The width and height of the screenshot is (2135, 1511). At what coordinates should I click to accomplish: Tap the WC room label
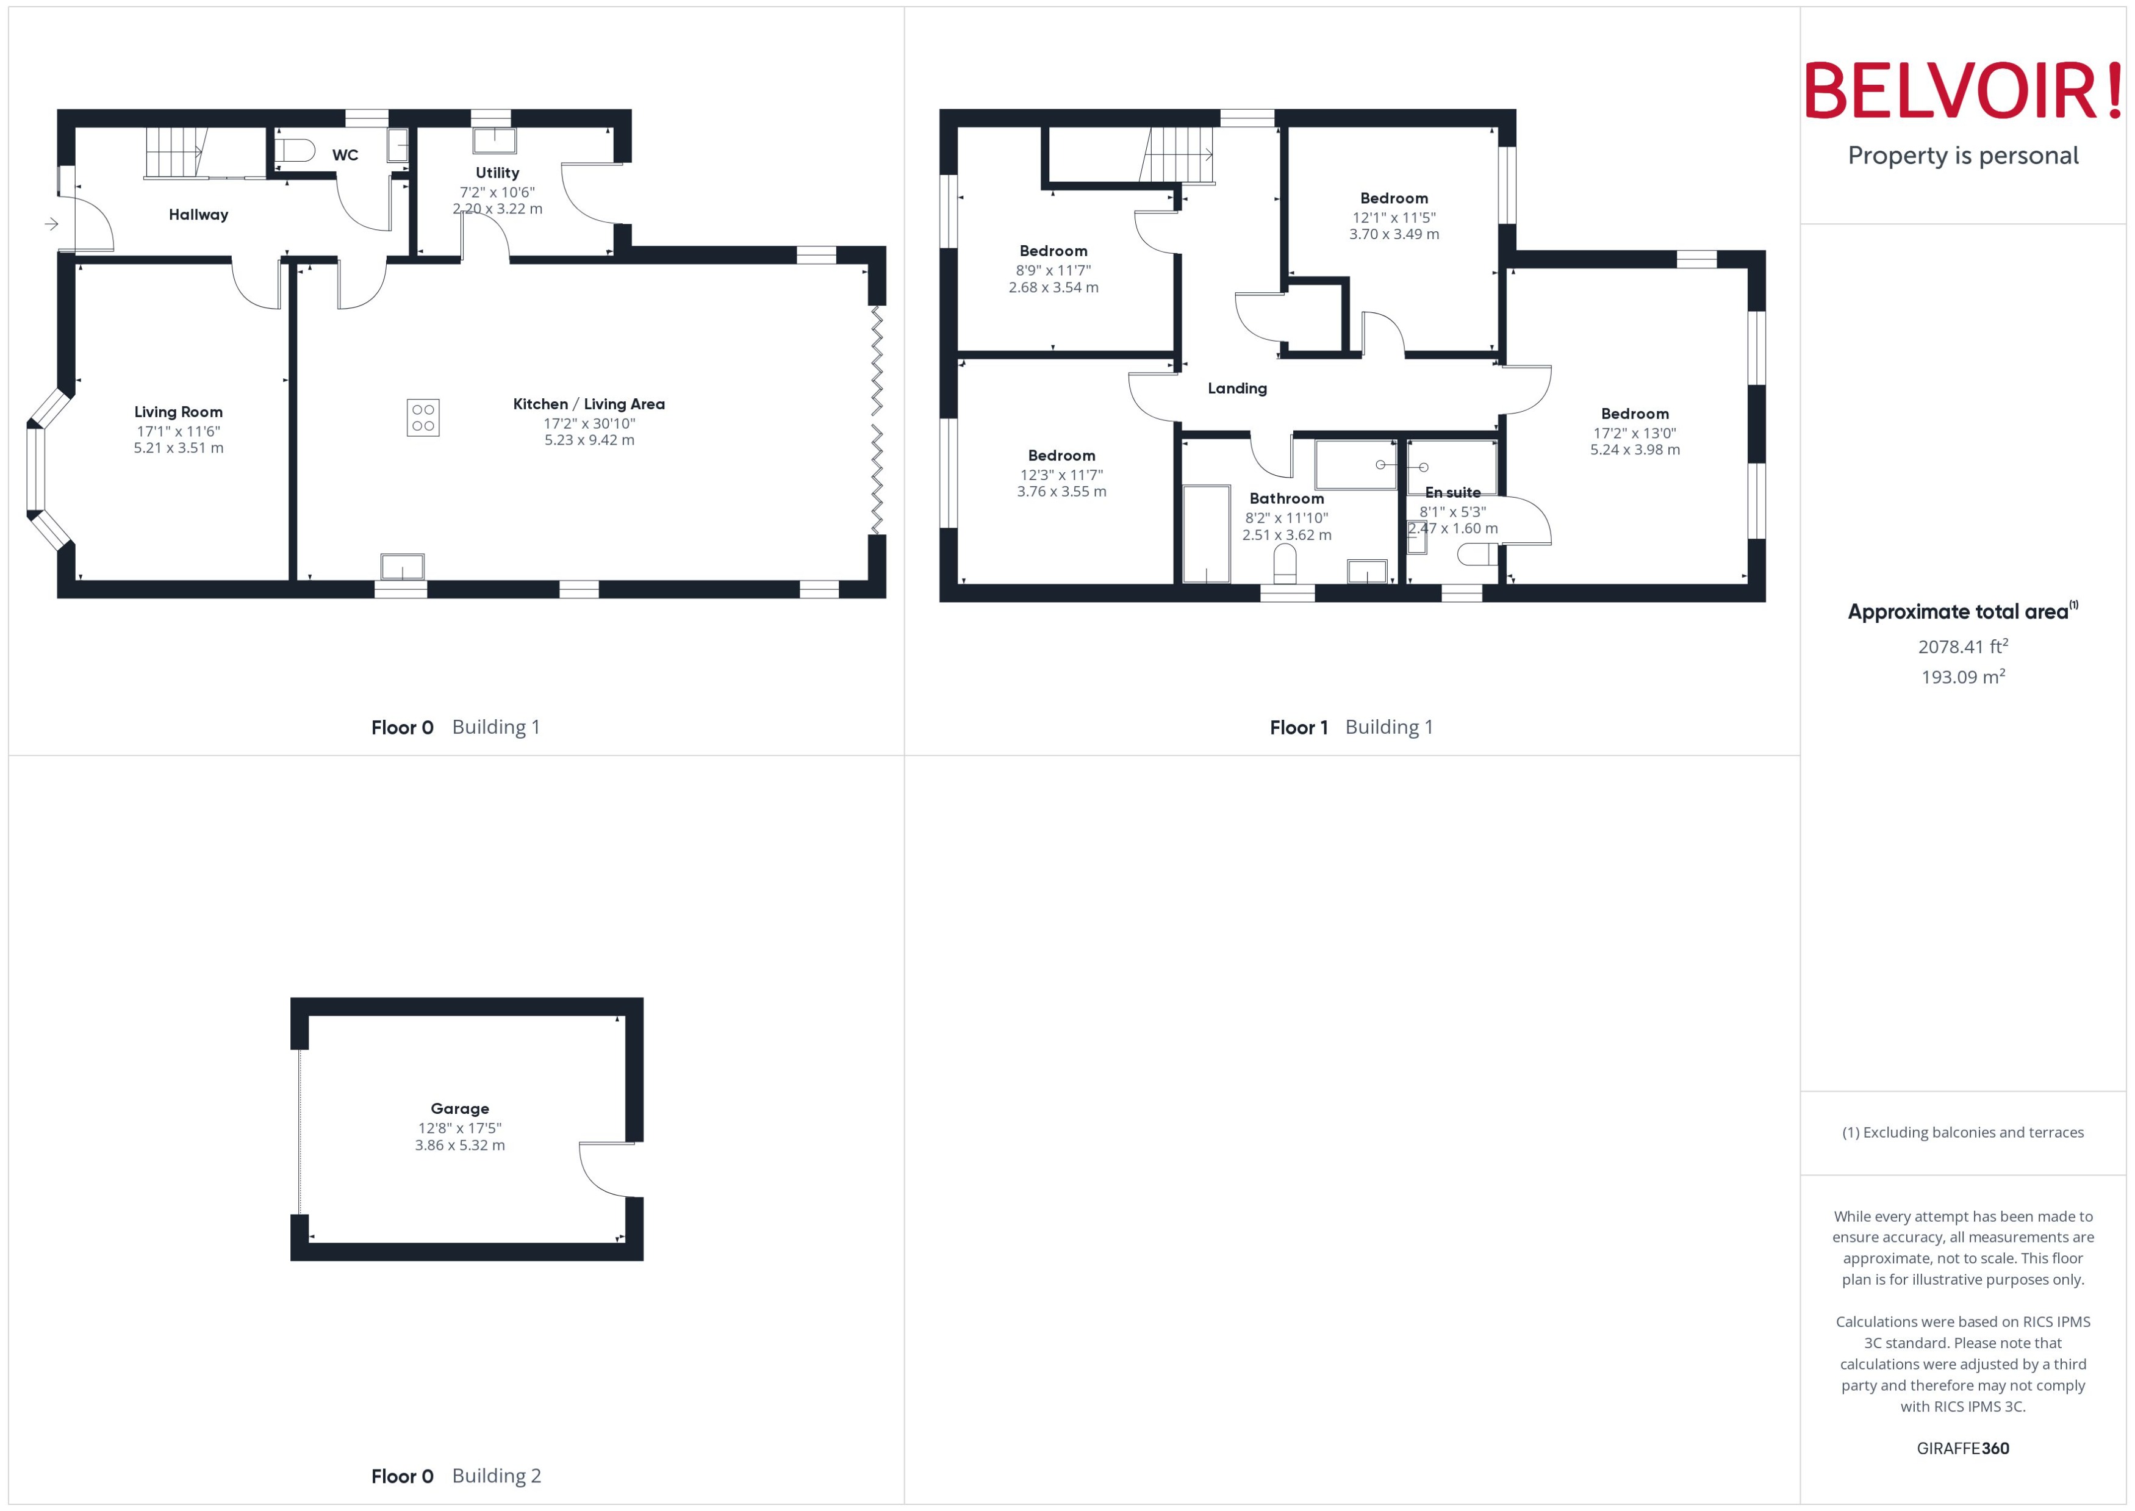coord(345,156)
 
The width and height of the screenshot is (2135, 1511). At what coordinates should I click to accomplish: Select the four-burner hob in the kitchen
coord(423,418)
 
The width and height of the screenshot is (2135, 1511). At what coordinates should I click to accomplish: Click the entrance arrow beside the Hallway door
coord(51,224)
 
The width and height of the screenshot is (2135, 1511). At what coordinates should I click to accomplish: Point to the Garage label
coord(459,1108)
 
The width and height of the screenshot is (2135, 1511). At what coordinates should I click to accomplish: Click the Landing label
coord(1236,388)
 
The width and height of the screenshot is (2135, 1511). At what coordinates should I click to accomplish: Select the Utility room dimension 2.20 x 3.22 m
coord(498,209)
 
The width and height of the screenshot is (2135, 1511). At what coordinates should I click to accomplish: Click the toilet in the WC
coord(296,150)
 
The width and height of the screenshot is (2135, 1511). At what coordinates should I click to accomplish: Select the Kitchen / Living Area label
coord(589,404)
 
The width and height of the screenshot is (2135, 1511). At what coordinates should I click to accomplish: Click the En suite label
coord(1452,492)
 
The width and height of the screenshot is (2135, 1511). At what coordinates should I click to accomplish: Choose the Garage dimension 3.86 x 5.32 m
coord(459,1146)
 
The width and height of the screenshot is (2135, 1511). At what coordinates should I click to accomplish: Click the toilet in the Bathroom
coord(1285,564)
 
